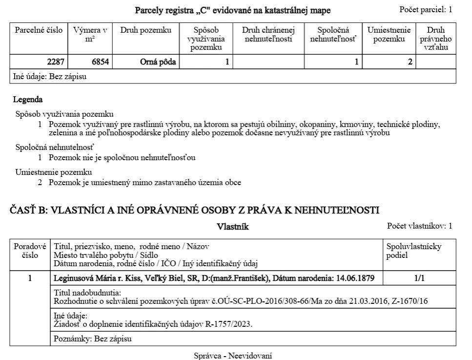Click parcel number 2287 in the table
(x=56, y=62)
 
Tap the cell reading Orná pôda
(x=158, y=62)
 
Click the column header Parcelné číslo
(x=39, y=30)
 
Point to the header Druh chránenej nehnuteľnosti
(x=268, y=34)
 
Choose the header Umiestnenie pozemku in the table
(x=389, y=34)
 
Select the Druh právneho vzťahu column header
(x=435, y=39)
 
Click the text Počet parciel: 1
(x=426, y=9)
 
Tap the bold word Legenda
(x=28, y=100)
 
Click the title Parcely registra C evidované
(x=233, y=10)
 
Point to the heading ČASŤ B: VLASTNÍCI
(x=194, y=210)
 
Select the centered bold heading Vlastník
(x=233, y=227)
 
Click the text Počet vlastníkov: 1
(x=419, y=226)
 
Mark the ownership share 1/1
(x=419, y=278)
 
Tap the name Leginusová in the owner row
(x=73, y=278)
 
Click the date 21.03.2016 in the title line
(x=368, y=301)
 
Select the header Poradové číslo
(x=30, y=251)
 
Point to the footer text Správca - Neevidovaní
(x=233, y=356)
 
